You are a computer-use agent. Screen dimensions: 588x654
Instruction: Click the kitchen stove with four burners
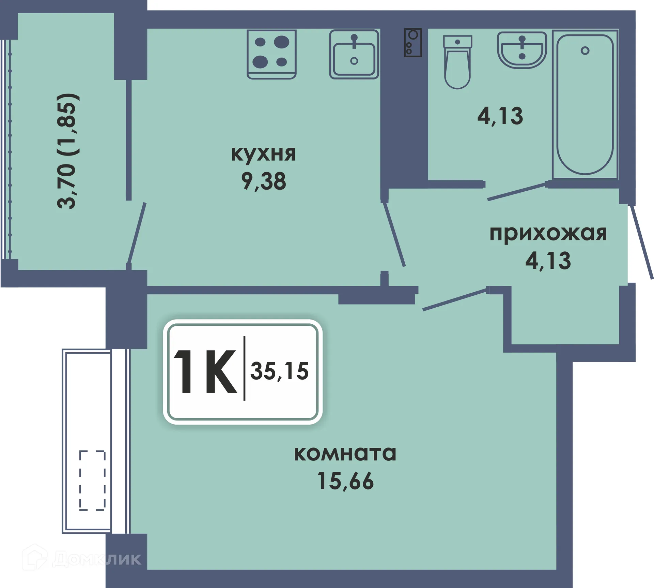[271, 54]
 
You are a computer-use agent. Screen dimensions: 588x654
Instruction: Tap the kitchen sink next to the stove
[354, 54]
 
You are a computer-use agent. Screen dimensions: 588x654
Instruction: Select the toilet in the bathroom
[457, 63]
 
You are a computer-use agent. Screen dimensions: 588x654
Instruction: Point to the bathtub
[585, 104]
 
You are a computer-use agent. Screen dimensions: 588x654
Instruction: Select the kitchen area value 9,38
[263, 181]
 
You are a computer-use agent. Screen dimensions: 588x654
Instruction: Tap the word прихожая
[548, 234]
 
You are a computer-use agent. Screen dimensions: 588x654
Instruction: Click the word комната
[345, 453]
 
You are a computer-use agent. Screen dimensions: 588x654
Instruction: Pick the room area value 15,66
[345, 481]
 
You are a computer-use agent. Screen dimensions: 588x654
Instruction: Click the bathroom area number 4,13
[500, 116]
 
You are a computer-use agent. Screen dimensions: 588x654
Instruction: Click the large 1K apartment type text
[205, 372]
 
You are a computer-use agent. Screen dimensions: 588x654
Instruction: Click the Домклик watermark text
[97, 559]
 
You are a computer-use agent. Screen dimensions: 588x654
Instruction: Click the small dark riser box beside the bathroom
[413, 43]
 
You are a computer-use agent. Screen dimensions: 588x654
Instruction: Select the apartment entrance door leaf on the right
[642, 242]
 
